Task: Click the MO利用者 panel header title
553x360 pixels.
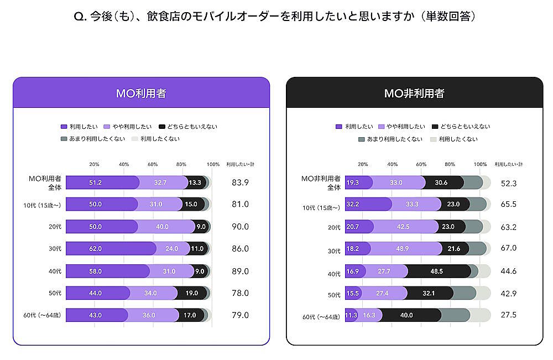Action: pyautogui.click(x=141, y=93)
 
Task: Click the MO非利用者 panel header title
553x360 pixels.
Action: pyautogui.click(x=414, y=93)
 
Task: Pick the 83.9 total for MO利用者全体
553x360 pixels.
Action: pyautogui.click(x=240, y=182)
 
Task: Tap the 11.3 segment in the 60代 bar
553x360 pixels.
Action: pyautogui.click(x=351, y=315)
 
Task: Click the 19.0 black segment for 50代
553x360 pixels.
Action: pyautogui.click(x=193, y=293)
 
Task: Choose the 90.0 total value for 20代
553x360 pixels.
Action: pyautogui.click(x=240, y=227)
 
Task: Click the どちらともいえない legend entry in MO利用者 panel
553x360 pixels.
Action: pyautogui.click(x=188, y=127)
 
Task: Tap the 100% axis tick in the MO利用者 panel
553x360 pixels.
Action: pyautogui.click(x=212, y=164)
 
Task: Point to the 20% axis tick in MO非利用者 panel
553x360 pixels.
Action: pyautogui.click(x=363, y=164)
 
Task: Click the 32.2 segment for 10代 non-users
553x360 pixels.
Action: pyautogui.click(x=368, y=205)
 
